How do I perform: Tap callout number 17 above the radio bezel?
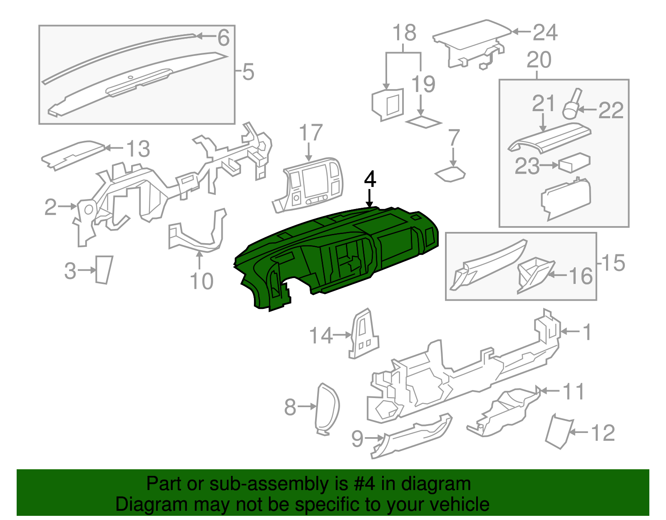[311, 133]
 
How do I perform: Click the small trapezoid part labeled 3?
[103, 270]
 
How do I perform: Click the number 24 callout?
[545, 32]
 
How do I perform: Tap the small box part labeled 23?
[574, 163]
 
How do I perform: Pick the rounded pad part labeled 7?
[450, 174]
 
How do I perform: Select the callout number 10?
[201, 281]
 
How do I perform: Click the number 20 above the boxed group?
[539, 60]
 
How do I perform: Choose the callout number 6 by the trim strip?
[224, 38]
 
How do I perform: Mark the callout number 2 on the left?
[50, 207]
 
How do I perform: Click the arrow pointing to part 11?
[548, 391]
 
